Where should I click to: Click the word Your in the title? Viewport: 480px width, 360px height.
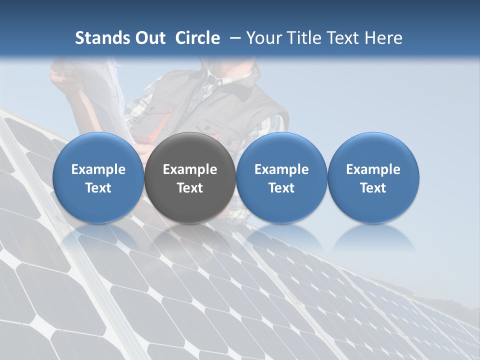click(x=261, y=38)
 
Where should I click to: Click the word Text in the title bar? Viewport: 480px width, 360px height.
click(x=343, y=38)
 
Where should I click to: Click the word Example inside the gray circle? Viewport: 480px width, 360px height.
click(x=190, y=169)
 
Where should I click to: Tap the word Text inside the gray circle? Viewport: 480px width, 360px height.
click(x=190, y=188)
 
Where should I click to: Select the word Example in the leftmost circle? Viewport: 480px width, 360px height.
click(x=98, y=169)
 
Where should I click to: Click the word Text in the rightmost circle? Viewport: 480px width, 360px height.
click(x=373, y=188)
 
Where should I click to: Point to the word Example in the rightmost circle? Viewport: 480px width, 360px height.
click(x=373, y=169)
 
